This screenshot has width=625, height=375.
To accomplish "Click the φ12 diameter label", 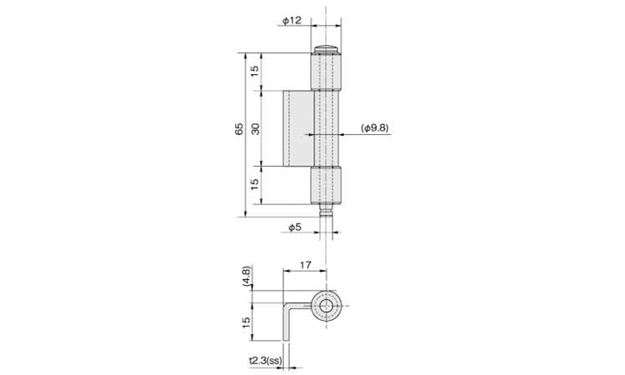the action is click(292, 20).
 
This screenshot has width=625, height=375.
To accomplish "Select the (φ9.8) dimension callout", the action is click(374, 128).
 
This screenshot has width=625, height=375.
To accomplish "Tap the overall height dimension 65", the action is click(239, 128).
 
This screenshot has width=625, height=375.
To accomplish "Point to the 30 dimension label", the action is click(255, 128).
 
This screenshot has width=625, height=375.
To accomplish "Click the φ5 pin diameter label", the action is click(294, 227).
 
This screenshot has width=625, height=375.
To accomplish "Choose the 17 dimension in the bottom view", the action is click(305, 265).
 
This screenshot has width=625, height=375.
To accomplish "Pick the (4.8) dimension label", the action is click(247, 275).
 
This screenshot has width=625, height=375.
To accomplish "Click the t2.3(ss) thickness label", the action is click(266, 361).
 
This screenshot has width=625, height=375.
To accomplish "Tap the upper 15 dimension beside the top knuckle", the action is click(254, 71).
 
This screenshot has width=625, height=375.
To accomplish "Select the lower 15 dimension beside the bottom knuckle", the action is click(254, 183).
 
